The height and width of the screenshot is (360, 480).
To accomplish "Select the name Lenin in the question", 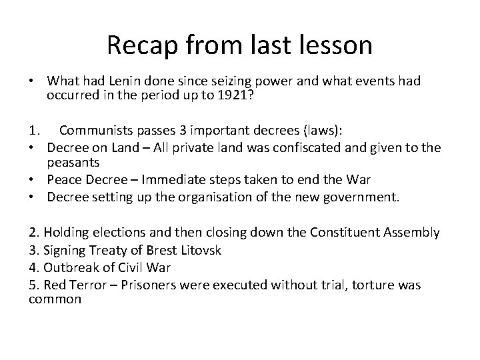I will pyautogui.click(x=133, y=81).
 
